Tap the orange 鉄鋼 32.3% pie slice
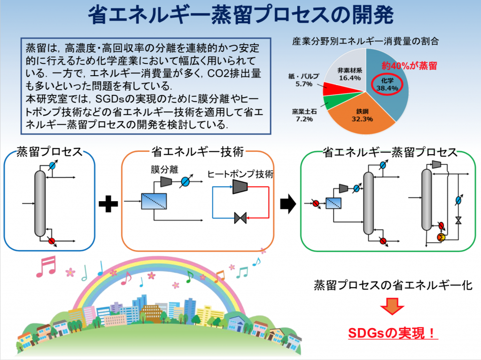(362, 115)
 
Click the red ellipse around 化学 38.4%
(387, 85)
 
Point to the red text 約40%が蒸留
(409, 66)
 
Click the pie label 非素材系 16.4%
(349, 74)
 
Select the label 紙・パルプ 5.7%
(304, 80)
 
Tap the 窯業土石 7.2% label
(304, 115)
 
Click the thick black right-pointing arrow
(288, 203)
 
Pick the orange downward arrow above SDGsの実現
(392, 306)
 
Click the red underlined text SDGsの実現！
(393, 333)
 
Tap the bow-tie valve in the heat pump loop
(240, 218)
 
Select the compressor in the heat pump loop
(240, 187)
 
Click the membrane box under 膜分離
(154, 201)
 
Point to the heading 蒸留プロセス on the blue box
(49, 152)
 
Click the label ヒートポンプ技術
(240, 174)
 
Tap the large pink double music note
(47, 266)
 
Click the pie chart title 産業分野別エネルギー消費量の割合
(365, 41)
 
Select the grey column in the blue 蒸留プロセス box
(40, 203)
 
